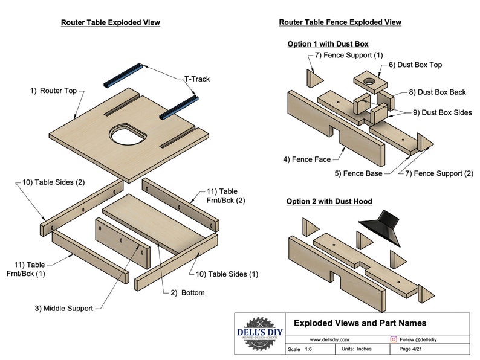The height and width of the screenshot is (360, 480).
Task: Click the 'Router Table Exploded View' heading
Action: pos(110,22)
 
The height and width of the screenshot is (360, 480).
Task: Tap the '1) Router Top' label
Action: pos(54,91)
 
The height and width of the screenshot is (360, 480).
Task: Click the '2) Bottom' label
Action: pos(187,293)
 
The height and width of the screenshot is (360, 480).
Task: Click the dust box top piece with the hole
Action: pos(367,80)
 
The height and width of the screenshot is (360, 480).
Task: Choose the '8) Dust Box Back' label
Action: pos(437,92)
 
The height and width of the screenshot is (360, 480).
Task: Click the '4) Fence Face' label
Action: pos(307,159)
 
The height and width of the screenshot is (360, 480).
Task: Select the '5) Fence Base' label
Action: pos(358,174)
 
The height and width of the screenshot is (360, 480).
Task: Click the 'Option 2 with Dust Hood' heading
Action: pos(329,201)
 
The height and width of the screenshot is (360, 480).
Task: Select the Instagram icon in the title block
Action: pos(394,340)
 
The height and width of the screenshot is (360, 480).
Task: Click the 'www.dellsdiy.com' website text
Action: pos(327,340)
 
